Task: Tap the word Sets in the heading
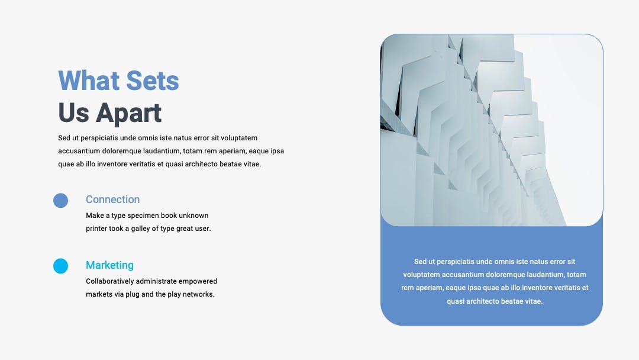click(153, 81)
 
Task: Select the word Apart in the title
click(129, 113)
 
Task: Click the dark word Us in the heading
click(73, 112)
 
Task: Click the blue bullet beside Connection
click(61, 201)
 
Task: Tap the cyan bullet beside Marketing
click(61, 266)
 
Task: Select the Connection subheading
click(112, 200)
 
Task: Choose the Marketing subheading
click(109, 265)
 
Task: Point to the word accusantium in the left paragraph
click(79, 151)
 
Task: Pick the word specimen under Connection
click(142, 216)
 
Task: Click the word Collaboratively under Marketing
click(110, 281)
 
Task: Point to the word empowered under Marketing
click(198, 281)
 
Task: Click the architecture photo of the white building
click(492, 130)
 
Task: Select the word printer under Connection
click(97, 229)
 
